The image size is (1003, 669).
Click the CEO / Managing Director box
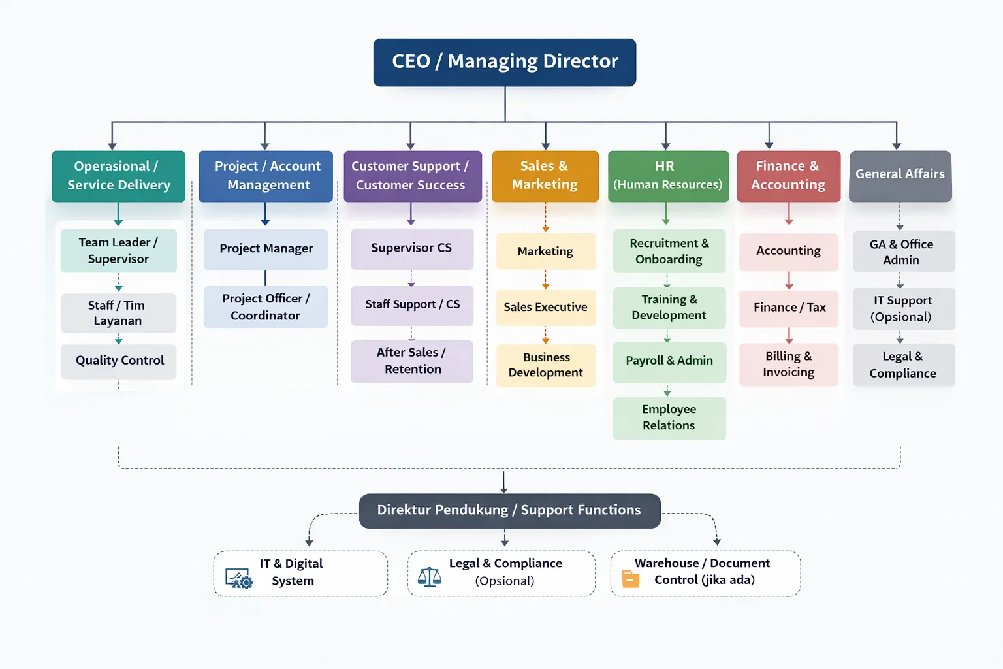[505, 62]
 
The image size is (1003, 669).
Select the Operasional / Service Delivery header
[118, 176]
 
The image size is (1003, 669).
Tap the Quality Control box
[119, 361]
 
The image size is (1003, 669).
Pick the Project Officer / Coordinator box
[266, 306]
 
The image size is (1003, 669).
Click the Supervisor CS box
[411, 248]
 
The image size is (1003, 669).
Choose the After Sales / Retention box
[412, 361]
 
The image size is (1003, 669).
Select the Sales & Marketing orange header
[545, 176]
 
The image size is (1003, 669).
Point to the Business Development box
[546, 365]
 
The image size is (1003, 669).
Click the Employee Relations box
[669, 417]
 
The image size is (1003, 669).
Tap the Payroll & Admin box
[669, 361]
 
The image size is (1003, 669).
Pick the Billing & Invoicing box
[788, 365]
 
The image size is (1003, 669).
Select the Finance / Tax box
[789, 308]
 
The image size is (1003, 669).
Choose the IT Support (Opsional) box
[901, 308]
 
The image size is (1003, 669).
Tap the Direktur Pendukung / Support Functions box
[509, 510]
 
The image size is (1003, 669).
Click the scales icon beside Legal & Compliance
[429, 577]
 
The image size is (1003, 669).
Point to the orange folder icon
[631, 579]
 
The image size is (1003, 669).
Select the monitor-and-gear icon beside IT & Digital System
[238, 579]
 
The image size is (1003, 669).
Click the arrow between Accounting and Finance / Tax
[789, 281]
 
